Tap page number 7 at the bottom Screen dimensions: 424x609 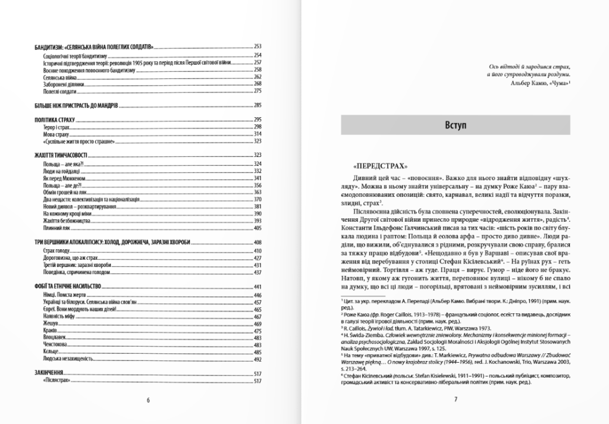tap(455, 399)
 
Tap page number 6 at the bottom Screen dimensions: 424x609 tap(147, 399)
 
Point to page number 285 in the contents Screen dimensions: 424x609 tap(258, 105)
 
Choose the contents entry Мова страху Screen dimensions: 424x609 tap(57, 134)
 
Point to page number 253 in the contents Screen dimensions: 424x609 tap(258, 46)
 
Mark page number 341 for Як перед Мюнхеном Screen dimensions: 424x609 tap(258, 178)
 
